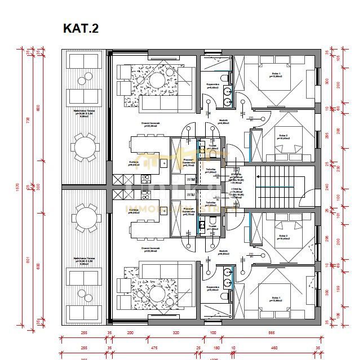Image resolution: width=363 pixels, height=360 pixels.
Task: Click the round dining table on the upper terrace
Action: click(x=85, y=148)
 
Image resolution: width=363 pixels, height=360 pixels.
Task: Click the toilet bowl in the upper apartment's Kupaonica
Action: click(x=225, y=78)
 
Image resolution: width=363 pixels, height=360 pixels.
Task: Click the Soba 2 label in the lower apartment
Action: click(x=282, y=237)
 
